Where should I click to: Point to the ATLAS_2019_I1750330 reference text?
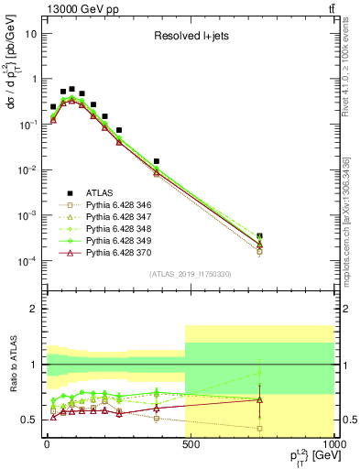(x=189, y=274)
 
